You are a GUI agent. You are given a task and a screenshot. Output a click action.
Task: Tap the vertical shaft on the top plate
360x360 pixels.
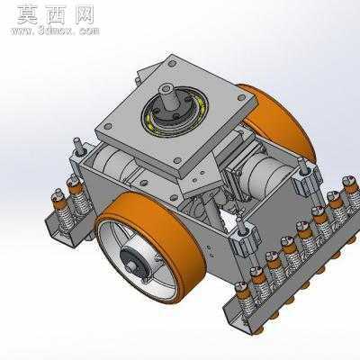tap(169, 97)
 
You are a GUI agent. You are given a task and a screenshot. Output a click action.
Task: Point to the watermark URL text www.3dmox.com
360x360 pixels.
tap(55, 31)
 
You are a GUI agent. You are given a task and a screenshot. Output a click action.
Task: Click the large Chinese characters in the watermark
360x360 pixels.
tap(56, 14)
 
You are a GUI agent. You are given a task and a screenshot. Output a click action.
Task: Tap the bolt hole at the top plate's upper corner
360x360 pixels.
tap(172, 64)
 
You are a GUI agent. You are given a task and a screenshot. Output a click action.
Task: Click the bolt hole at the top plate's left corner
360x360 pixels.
tap(108, 126)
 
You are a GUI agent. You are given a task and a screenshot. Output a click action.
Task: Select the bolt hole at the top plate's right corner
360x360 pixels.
tap(241, 97)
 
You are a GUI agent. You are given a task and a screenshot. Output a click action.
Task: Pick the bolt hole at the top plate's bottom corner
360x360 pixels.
tap(178, 160)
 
